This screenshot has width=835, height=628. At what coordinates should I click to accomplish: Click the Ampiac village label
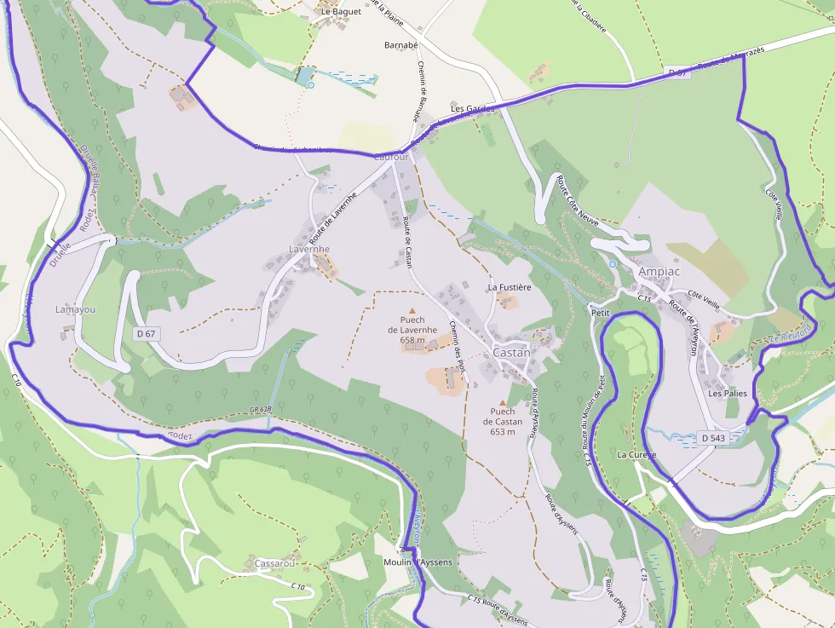click(x=659, y=271)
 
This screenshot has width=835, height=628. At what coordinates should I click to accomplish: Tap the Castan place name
click(x=511, y=352)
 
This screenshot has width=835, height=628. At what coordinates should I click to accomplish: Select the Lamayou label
click(x=75, y=309)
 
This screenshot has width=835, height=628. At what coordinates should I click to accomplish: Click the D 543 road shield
click(x=712, y=438)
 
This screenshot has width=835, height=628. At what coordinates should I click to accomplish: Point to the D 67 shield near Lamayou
click(x=145, y=333)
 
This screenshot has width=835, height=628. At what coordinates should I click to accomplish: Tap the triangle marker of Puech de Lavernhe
click(x=412, y=311)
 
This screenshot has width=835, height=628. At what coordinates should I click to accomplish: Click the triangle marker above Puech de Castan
click(x=503, y=402)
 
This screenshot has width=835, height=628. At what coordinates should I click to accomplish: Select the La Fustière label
click(x=510, y=287)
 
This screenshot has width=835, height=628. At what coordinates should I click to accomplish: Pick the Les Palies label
click(x=727, y=394)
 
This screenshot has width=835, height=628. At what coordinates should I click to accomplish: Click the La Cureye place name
click(x=636, y=455)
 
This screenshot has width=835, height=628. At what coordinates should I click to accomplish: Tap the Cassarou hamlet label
click(x=274, y=564)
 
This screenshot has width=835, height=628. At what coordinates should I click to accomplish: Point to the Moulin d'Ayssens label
click(x=418, y=562)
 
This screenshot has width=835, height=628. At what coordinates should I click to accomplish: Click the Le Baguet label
click(x=341, y=12)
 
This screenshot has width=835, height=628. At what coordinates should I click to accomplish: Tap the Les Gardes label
click(x=472, y=109)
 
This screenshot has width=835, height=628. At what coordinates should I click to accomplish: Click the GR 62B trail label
click(x=261, y=410)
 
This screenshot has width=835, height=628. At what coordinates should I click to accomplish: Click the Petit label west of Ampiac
click(x=600, y=313)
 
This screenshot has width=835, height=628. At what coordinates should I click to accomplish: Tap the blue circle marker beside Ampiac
click(x=613, y=264)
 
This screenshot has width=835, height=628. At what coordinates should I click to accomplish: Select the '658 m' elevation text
click(x=412, y=340)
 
